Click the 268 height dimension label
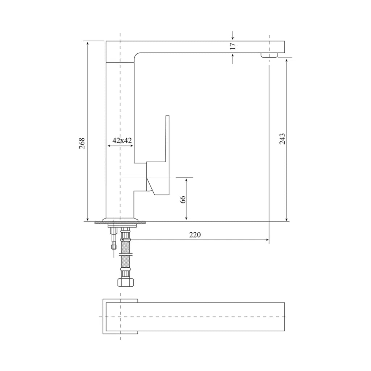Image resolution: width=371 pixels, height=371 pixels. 82,143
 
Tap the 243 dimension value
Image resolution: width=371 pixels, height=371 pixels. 282,139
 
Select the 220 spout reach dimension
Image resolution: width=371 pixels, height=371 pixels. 195,235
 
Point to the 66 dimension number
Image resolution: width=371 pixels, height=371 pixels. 183,200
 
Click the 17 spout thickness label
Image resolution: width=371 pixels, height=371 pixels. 233,46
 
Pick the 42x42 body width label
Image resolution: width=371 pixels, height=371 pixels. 122,140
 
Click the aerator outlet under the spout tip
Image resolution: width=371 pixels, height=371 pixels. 269,55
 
